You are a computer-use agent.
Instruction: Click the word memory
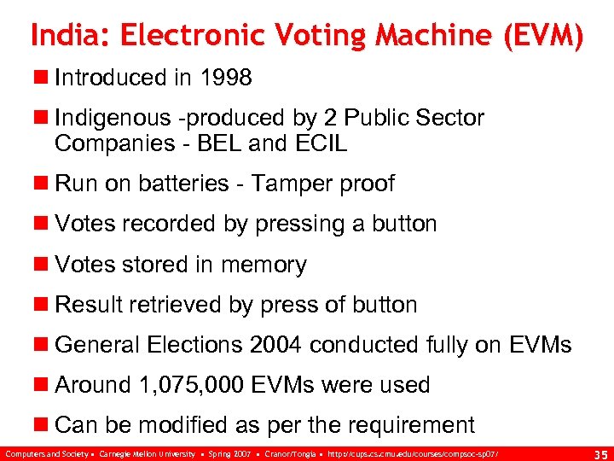pyautogui.click(x=263, y=265)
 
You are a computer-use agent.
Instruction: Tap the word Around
pyautogui.click(x=92, y=385)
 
